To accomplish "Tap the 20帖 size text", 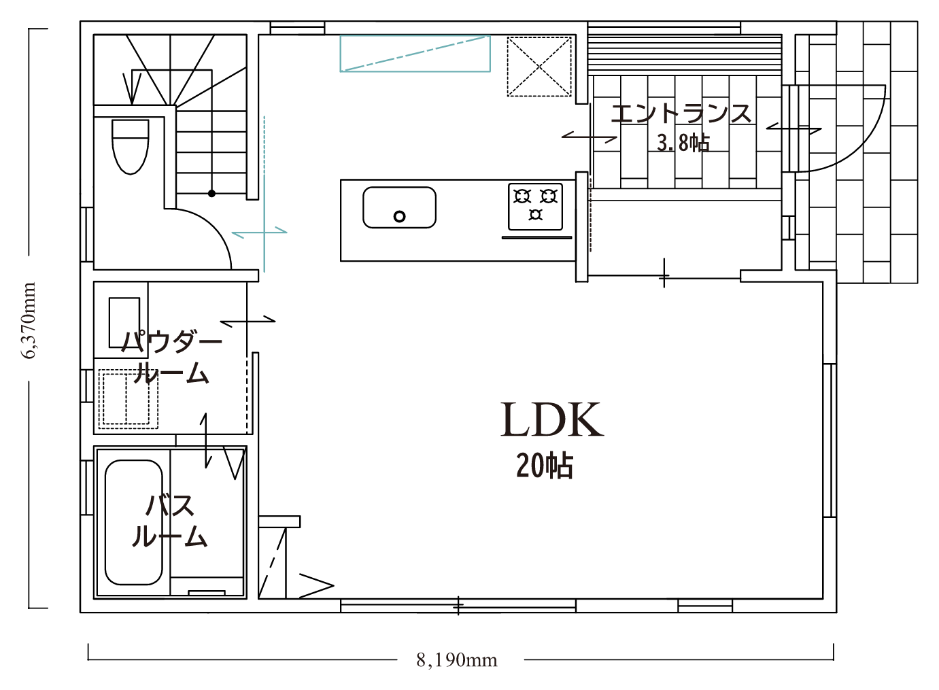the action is (x=544, y=466).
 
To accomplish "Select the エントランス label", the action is (x=681, y=114).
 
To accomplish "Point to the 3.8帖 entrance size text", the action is (x=683, y=143).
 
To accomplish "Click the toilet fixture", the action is (x=131, y=147).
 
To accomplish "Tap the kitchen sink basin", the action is (x=399, y=207).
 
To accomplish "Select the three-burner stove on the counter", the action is (x=535, y=207).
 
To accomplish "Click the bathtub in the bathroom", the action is (x=133, y=523).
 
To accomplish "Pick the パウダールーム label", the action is (x=171, y=357).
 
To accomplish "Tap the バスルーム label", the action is (x=170, y=521).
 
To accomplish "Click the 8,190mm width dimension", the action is (x=456, y=660).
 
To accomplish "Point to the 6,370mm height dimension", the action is (x=29, y=321).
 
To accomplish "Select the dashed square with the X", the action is (x=539, y=67).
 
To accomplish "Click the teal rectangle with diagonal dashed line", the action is (x=415, y=54).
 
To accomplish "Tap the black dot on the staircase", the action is (x=211, y=194).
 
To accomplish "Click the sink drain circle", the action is (x=399, y=217).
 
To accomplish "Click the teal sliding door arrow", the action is (x=260, y=232).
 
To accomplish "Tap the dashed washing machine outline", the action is (x=128, y=398).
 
